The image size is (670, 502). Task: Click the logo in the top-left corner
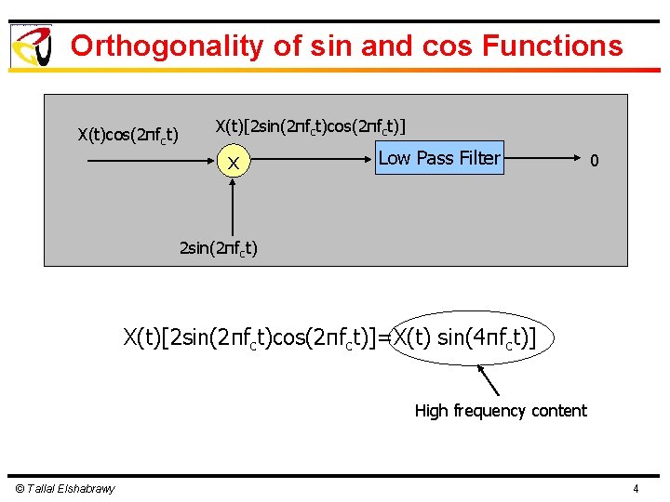point(31,46)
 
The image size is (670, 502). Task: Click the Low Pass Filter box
point(439,159)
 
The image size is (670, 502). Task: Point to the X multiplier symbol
point(235,165)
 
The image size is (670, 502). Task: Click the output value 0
point(594,162)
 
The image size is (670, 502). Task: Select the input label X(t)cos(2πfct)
point(128,136)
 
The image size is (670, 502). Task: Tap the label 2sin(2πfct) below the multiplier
point(218,248)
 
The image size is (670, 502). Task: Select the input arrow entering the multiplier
point(149,162)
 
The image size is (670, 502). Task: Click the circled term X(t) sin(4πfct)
point(465,337)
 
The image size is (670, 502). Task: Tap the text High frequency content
point(501,411)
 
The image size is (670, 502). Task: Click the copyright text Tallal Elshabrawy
point(65,489)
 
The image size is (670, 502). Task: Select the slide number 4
point(636,489)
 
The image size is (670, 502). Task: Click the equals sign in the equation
point(384,337)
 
